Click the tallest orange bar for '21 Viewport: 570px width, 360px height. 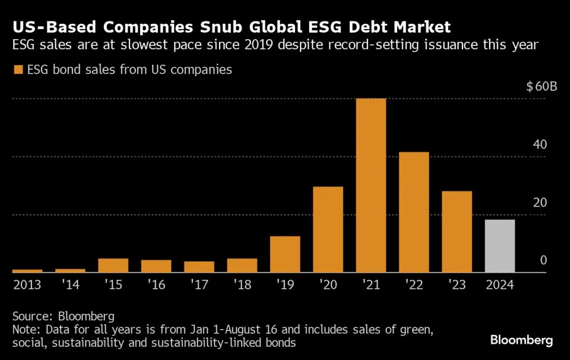point(371,185)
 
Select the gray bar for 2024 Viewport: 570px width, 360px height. point(500,246)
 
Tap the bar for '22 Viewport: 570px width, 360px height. point(414,212)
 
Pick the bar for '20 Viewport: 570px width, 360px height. point(328,229)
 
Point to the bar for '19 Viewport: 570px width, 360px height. point(285,254)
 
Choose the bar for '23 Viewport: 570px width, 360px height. point(457,232)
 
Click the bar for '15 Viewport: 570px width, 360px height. point(113,266)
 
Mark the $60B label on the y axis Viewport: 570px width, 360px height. point(541,87)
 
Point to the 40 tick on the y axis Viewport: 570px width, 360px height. point(539,145)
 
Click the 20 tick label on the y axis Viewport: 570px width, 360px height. point(539,203)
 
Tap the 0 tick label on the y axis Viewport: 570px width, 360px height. point(543,261)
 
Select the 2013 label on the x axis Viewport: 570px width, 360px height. point(27,285)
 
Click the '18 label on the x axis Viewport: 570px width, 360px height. point(242,285)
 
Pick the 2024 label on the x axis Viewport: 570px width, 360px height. point(499,285)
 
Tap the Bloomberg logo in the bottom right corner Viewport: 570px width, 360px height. point(521,340)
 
